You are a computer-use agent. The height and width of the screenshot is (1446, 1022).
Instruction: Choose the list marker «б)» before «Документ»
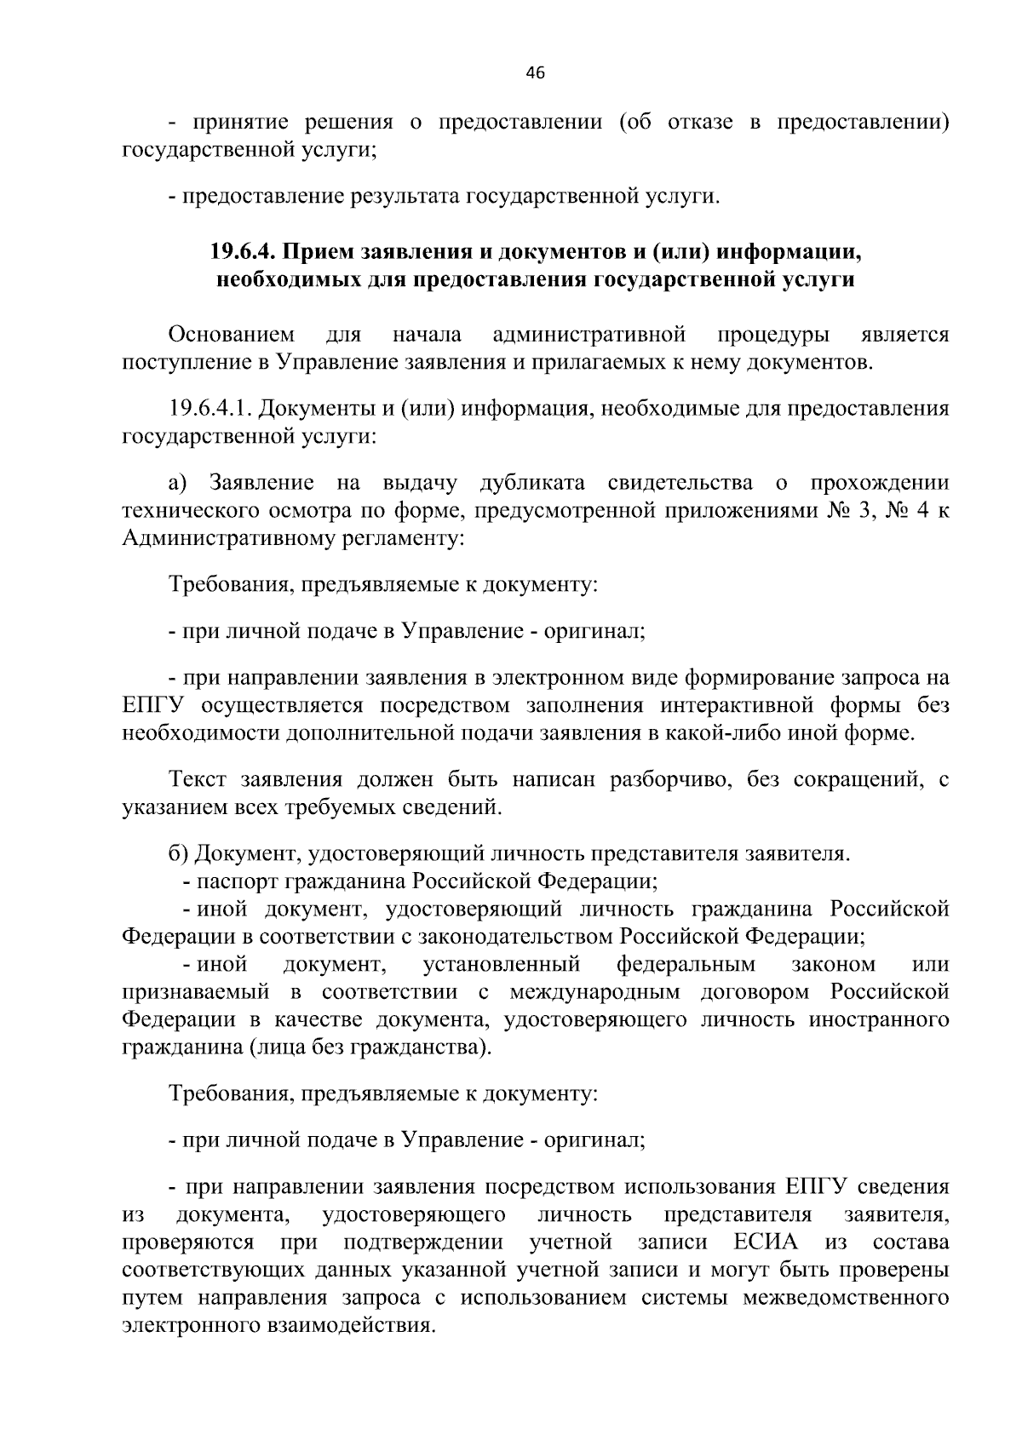pos(178,853)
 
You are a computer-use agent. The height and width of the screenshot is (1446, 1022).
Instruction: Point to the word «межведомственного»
pos(847,1298)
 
